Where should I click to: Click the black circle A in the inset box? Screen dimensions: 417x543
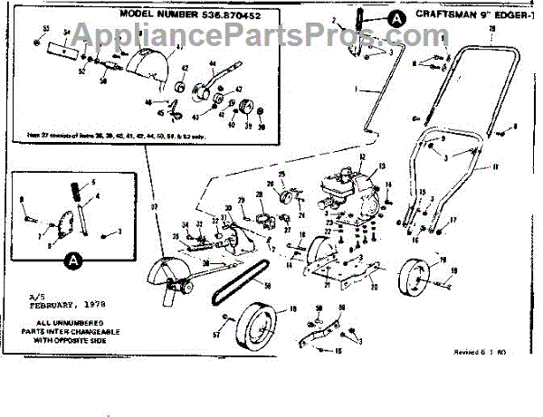[x=71, y=261]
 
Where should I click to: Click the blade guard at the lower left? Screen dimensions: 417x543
[x=172, y=281]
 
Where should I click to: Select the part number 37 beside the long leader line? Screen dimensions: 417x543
[x=155, y=207]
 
